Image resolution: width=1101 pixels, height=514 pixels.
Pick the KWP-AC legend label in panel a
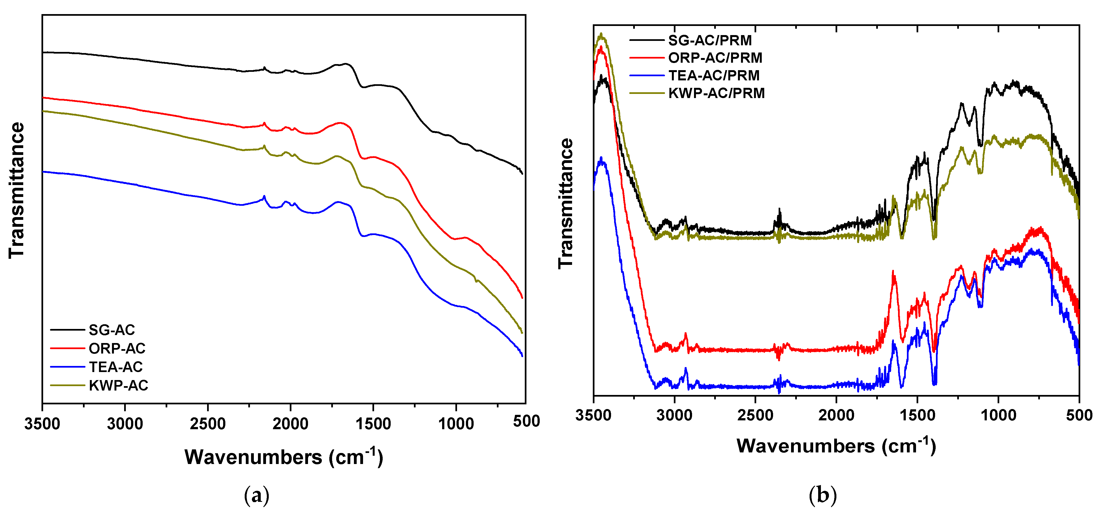pyautogui.click(x=118, y=386)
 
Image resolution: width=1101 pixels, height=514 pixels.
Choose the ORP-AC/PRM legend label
pyautogui.click(x=715, y=58)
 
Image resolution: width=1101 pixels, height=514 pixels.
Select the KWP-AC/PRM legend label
pyautogui.click(x=716, y=93)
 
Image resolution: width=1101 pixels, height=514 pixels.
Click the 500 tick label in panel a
pyautogui.click(x=526, y=421)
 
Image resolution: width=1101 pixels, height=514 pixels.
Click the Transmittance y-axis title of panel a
pyautogui.click(x=17, y=190)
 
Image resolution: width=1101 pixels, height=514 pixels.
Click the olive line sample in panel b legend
pyautogui.click(x=647, y=93)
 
